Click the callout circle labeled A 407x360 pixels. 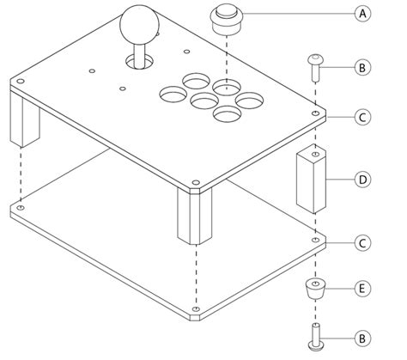point(363,13)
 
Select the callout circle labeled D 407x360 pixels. point(363,180)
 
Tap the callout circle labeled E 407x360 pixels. point(363,288)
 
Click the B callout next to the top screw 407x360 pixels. point(363,65)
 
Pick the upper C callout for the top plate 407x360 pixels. point(363,115)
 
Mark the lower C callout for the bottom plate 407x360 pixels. point(363,243)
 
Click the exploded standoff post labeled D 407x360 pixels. point(313,179)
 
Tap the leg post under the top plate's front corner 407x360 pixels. point(194,215)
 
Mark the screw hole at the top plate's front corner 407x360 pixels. point(197,183)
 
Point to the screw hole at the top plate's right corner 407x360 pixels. point(318,113)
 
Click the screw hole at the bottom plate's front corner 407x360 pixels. point(197,309)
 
